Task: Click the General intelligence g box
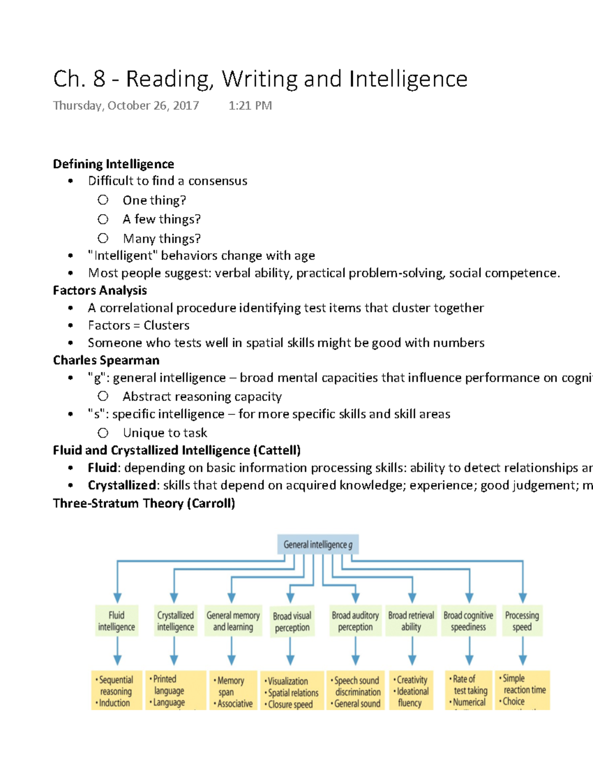pyautogui.click(x=318, y=544)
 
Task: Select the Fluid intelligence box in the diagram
pyautogui.click(x=117, y=621)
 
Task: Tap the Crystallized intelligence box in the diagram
pyautogui.click(x=175, y=621)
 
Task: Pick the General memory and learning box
pyautogui.click(x=233, y=621)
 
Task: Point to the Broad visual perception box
pyautogui.click(x=292, y=622)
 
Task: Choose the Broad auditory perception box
pyautogui.click(x=355, y=621)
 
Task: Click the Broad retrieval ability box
pyautogui.click(x=411, y=621)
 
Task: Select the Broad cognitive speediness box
pyautogui.click(x=468, y=621)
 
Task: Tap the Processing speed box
pyautogui.click(x=522, y=621)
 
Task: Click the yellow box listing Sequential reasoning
pyautogui.click(x=115, y=691)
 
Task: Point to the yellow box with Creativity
pyautogui.click(x=411, y=691)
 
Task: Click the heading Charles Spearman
pyautogui.click(x=106, y=360)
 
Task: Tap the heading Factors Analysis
pyautogui.click(x=100, y=290)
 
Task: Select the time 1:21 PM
pyautogui.click(x=250, y=105)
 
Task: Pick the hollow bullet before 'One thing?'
pyautogui.click(x=103, y=200)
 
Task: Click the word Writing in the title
pyautogui.click(x=260, y=79)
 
